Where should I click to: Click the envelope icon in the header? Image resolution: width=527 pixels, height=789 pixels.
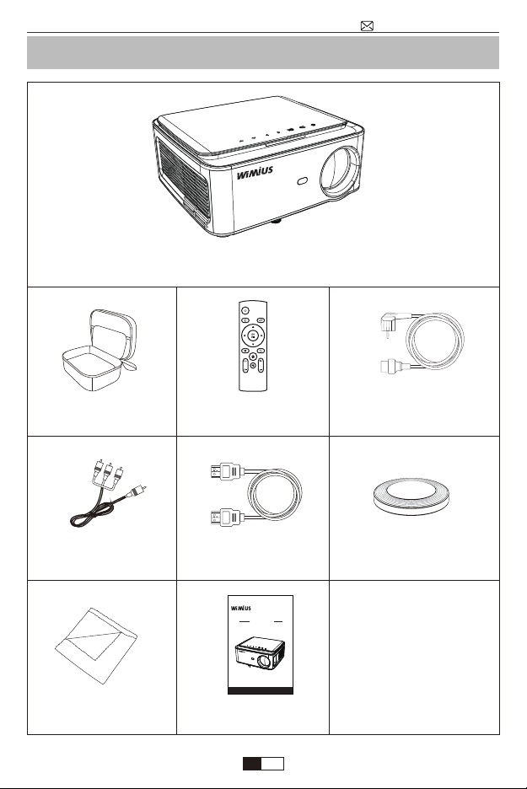pyautogui.click(x=367, y=25)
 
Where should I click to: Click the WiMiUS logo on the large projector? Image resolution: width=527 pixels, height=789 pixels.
pyautogui.click(x=255, y=173)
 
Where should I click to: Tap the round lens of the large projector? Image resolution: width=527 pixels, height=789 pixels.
pyautogui.click(x=341, y=171)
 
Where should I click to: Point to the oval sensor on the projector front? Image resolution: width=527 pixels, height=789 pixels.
pyautogui.click(x=303, y=181)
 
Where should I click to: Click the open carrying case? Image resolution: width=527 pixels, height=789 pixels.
pyautogui.click(x=99, y=350)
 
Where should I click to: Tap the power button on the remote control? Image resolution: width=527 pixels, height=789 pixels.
pyautogui.click(x=245, y=310)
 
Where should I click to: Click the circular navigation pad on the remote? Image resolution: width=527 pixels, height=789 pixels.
pyautogui.click(x=253, y=335)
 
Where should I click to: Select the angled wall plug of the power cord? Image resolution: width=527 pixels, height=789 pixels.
pyautogui.click(x=390, y=324)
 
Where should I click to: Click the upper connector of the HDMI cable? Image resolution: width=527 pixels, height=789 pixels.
pyautogui.click(x=227, y=472)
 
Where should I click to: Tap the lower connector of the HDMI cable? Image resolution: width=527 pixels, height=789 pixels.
pyautogui.click(x=227, y=517)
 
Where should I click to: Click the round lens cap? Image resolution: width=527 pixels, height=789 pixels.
pyautogui.click(x=411, y=496)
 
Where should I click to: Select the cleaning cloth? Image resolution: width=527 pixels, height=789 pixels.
pyautogui.click(x=96, y=646)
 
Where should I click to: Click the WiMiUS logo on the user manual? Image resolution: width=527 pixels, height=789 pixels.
pyautogui.click(x=240, y=608)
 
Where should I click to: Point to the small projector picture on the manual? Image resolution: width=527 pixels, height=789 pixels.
pyautogui.click(x=261, y=653)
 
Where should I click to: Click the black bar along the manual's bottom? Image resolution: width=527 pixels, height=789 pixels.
pyautogui.click(x=261, y=690)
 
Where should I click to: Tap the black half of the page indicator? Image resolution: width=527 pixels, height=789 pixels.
pyautogui.click(x=252, y=764)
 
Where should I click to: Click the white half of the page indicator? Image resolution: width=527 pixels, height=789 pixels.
pyautogui.click(x=273, y=764)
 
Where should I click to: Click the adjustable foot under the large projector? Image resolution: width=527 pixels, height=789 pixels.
pyautogui.click(x=277, y=221)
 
